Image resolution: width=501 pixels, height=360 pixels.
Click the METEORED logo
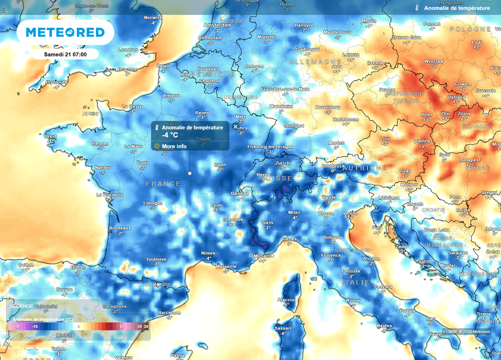pyautogui.click(x=65, y=32)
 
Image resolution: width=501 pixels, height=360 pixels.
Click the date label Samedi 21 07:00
pyautogui.click(x=65, y=54)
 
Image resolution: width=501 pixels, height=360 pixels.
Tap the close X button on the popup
pyautogui.click(x=235, y=126)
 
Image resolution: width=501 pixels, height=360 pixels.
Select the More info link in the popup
pyautogui.click(x=174, y=146)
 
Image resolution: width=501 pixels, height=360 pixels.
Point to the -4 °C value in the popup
pyautogui.click(x=171, y=135)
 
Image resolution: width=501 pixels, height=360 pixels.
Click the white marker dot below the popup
pyautogui.click(x=189, y=173)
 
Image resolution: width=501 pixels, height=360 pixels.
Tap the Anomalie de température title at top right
pyautogui.click(x=456, y=8)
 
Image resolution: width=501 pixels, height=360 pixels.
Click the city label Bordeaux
pyautogui.click(x=120, y=228)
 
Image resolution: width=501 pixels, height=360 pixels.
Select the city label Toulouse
pyautogui.click(x=156, y=259)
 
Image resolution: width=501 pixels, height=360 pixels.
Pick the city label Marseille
pyautogui.click(x=226, y=267)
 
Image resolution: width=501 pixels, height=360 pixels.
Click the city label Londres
pyautogui.click(x=128, y=50)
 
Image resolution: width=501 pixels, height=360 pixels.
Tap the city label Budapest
pyautogui.click(x=469, y=160)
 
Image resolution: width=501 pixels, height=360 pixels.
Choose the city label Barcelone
pyautogui.click(x=169, y=313)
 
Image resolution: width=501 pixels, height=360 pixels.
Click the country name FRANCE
pyautogui.click(x=163, y=183)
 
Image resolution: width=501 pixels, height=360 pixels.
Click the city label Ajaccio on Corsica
pyautogui.click(x=286, y=299)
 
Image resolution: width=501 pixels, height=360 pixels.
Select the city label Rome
pyautogui.click(x=353, y=300)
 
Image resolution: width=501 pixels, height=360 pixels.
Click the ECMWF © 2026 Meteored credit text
pyautogui.click(x=466, y=332)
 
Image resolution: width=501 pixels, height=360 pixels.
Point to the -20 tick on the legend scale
pyautogui.click(x=16, y=326)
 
